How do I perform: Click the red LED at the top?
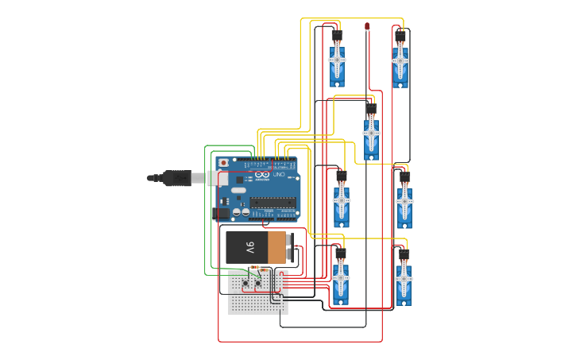pos(367,26)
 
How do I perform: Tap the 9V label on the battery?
pos(249,247)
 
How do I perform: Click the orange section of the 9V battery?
pos(276,247)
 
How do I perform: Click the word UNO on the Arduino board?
pos(280,175)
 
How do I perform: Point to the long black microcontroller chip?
pos(274,202)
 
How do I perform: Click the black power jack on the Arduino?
pos(222,212)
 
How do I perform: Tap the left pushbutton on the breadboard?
pos(245,283)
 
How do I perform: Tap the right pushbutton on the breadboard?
pos(258,283)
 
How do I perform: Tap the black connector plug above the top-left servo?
pos(337,36)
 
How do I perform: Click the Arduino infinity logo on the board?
pos(262,175)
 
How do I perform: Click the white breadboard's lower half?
pos(257,304)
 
